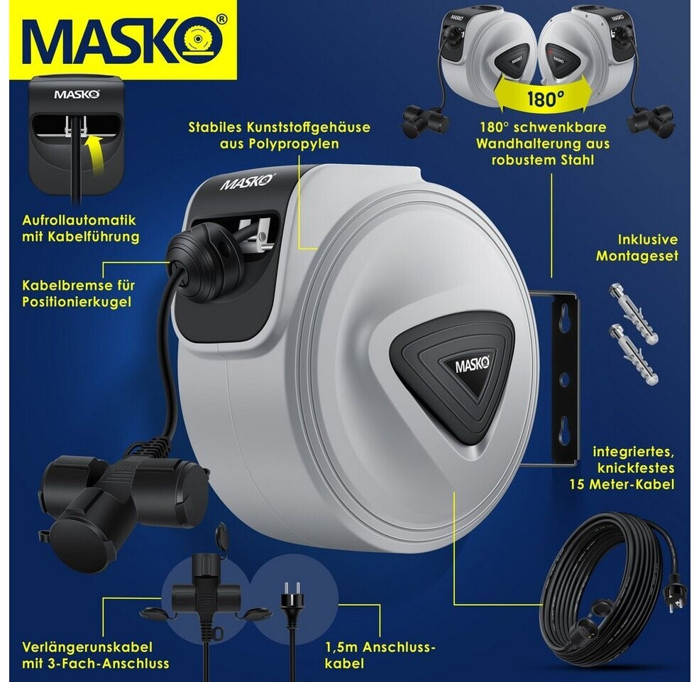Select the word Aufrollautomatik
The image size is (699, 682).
point(79,220)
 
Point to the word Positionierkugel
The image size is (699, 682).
point(77,302)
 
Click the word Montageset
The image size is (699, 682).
point(637,256)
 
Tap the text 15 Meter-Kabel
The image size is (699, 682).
point(622,485)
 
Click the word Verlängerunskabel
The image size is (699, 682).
point(87,647)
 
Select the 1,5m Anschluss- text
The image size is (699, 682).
point(380,647)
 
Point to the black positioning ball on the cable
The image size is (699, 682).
point(204,264)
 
